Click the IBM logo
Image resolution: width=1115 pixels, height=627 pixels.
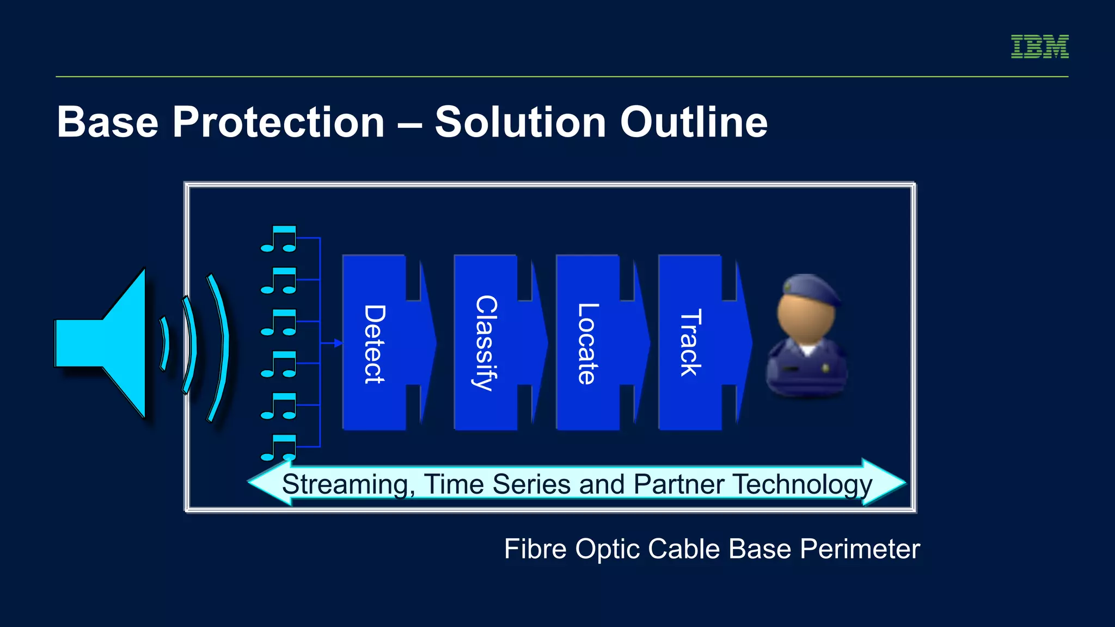click(x=1039, y=46)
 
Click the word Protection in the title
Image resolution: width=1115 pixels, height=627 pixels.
click(x=278, y=122)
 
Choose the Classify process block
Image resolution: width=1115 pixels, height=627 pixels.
click(x=486, y=343)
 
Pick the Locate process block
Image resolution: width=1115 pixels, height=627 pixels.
click(x=589, y=343)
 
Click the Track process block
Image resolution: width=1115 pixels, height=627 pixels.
click(x=691, y=343)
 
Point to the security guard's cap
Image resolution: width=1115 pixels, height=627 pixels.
click(x=810, y=288)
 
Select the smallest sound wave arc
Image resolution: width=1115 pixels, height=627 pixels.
click(x=164, y=343)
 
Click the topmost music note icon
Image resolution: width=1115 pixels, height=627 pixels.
click(x=279, y=239)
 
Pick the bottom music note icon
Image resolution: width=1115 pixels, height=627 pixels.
click(x=279, y=447)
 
